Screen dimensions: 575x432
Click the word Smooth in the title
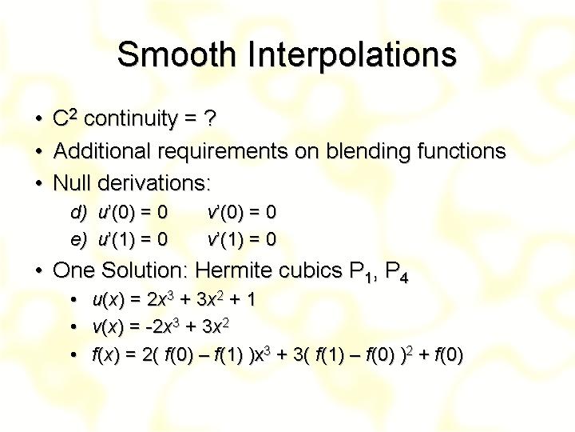[x=176, y=54]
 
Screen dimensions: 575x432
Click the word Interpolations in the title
[x=352, y=55]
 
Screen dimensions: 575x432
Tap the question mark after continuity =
[x=209, y=118]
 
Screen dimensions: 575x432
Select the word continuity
[x=130, y=119]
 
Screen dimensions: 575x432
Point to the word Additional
[x=102, y=150]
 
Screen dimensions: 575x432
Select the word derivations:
[x=154, y=182]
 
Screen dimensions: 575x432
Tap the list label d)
[x=78, y=212]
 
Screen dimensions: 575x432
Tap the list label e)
[x=78, y=239]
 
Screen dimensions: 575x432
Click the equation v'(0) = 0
[x=242, y=212]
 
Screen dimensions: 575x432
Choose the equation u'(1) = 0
[x=133, y=239]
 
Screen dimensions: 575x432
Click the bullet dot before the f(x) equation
[x=74, y=355]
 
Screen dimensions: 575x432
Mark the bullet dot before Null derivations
[x=39, y=183]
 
